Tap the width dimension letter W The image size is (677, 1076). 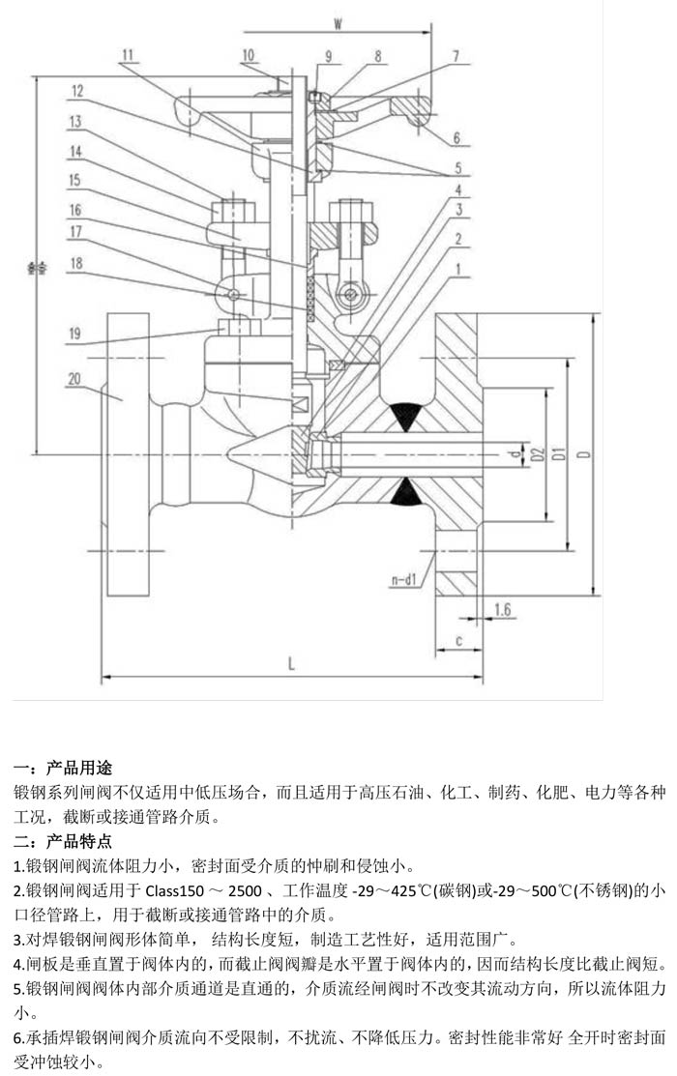(338, 21)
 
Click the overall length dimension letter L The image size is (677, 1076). (291, 663)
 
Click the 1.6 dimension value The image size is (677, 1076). (502, 608)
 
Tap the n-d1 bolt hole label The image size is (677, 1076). (404, 580)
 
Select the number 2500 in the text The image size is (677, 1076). (250, 889)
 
